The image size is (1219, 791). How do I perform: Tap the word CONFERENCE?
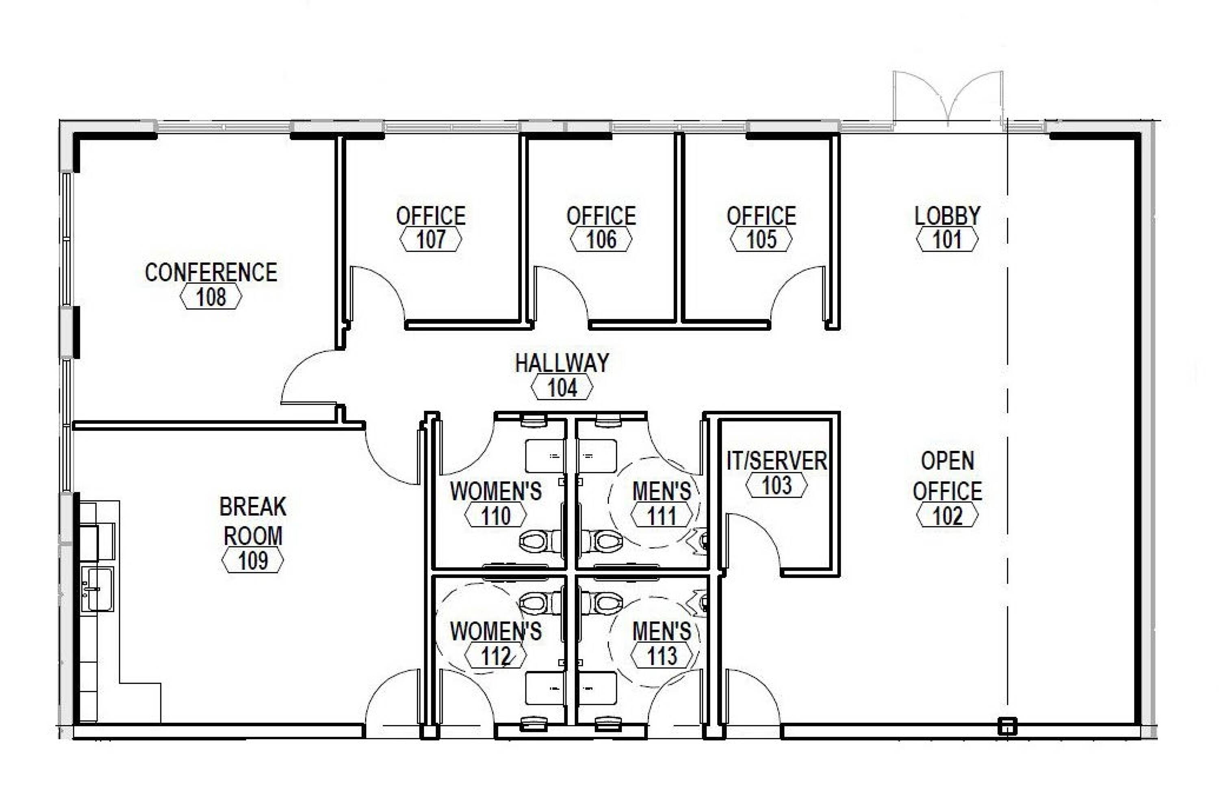pyautogui.click(x=211, y=272)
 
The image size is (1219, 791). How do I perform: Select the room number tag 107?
pyautogui.click(x=431, y=240)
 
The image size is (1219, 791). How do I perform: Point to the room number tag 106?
pyautogui.click(x=601, y=240)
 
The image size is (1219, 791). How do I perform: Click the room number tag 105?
pyautogui.click(x=761, y=240)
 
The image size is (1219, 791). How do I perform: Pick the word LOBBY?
pyautogui.click(x=948, y=216)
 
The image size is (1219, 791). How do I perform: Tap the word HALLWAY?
pyautogui.click(x=562, y=363)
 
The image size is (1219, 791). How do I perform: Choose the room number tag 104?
pyautogui.click(x=562, y=387)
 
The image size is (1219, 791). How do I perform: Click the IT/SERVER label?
pyautogui.click(x=777, y=461)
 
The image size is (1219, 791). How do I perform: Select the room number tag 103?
pyautogui.click(x=777, y=485)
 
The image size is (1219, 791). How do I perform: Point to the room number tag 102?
pyautogui.click(x=948, y=516)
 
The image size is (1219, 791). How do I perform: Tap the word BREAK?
pyautogui.click(x=252, y=507)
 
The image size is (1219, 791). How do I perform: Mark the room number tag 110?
pyautogui.click(x=496, y=516)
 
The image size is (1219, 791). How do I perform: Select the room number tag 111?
pyautogui.click(x=662, y=516)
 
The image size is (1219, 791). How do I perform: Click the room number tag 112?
pyautogui.click(x=496, y=656)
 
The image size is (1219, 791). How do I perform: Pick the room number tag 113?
pyautogui.click(x=662, y=656)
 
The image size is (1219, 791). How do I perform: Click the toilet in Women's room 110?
pyautogui.click(x=541, y=540)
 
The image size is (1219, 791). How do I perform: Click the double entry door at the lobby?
pyautogui.click(x=948, y=98)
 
